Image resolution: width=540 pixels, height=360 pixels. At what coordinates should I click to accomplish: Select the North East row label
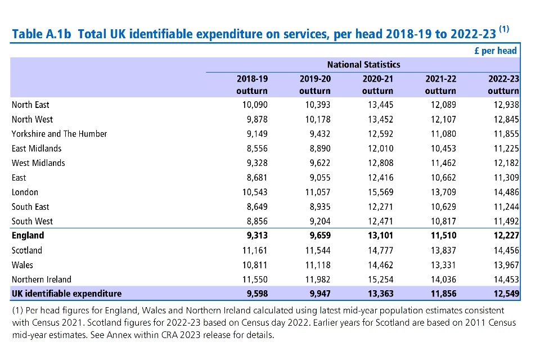(x=30, y=105)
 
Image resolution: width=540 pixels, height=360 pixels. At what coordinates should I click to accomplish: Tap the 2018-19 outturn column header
(x=252, y=84)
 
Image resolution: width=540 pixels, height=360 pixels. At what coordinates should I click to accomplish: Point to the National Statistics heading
(x=363, y=65)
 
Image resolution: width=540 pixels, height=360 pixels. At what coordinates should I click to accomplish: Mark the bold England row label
(x=28, y=236)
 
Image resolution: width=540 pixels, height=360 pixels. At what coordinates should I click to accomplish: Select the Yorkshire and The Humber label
(x=59, y=134)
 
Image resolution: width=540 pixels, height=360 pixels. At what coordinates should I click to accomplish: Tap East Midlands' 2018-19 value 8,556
(x=255, y=148)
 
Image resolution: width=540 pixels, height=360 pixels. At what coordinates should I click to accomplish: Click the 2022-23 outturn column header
(x=503, y=84)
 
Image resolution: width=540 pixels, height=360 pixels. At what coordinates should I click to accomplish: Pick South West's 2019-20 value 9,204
(x=318, y=221)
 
